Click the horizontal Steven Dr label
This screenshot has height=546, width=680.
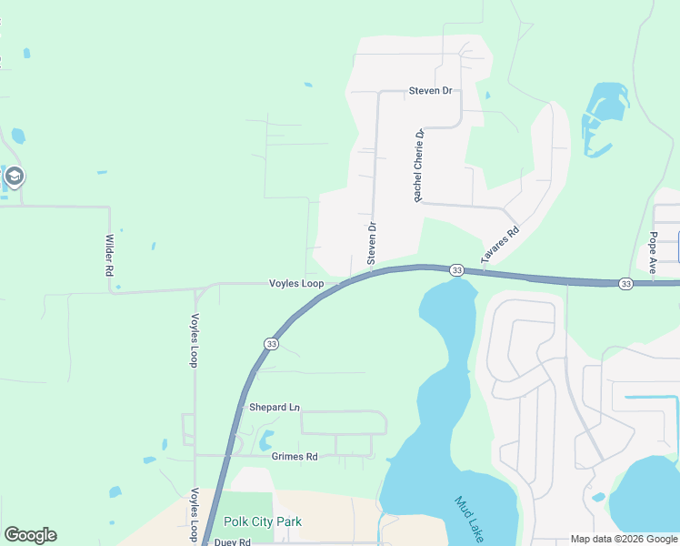430,90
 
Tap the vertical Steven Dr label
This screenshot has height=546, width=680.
372,243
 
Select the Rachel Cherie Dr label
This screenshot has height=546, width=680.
419,165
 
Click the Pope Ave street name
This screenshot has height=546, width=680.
653,247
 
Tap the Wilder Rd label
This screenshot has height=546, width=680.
109,255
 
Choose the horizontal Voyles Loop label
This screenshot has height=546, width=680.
296,283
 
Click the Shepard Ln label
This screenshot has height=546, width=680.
275,408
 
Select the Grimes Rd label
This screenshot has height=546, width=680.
295,456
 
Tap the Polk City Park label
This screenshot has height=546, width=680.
263,521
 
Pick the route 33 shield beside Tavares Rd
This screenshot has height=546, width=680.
456,270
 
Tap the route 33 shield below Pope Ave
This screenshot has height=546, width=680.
625,284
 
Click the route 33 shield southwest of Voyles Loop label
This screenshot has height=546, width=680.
271,343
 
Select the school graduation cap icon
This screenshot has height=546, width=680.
14,176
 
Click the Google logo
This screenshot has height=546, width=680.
30,535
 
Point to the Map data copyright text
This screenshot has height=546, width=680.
625,539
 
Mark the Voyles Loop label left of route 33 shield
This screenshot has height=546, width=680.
194,340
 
